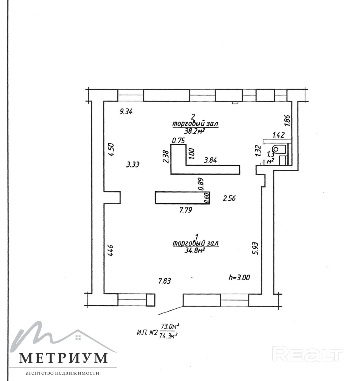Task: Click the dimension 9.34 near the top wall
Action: [126, 112]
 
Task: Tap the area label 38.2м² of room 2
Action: [195, 131]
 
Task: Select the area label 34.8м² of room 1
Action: [195, 251]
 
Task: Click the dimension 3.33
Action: [133, 165]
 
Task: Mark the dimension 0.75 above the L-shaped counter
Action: [179, 140]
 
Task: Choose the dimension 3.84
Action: [210, 160]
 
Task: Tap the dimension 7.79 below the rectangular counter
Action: [186, 210]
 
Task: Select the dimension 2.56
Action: [229, 198]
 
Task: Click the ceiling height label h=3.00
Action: [239, 277]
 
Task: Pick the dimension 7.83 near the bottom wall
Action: [165, 281]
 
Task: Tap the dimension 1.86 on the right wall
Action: [287, 121]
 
